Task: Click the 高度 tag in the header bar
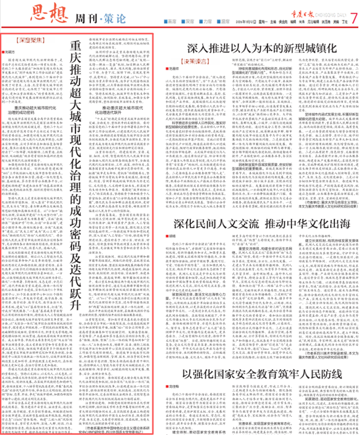pos(172,20)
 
